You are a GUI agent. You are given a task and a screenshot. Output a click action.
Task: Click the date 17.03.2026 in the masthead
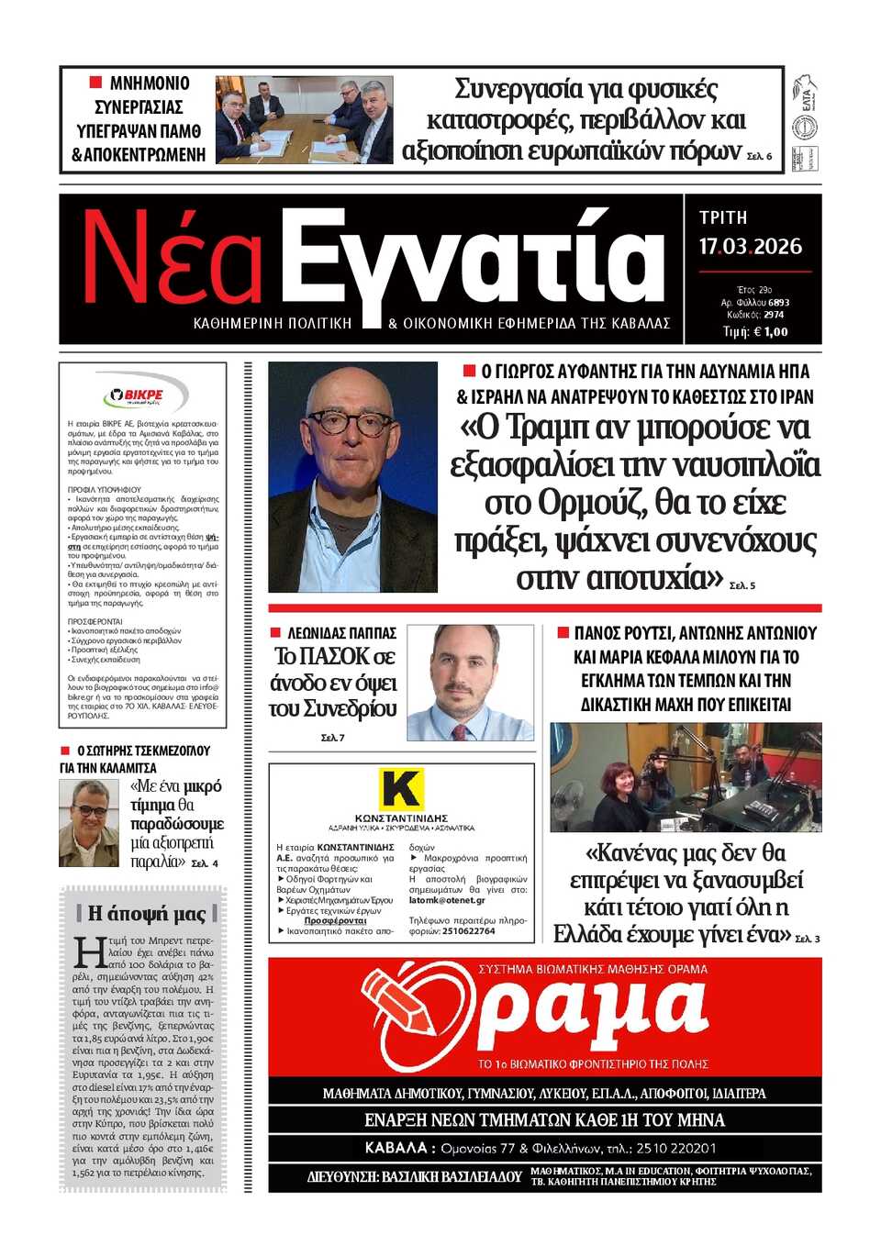[x=750, y=247]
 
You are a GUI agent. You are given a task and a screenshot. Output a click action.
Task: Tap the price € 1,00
[x=769, y=332]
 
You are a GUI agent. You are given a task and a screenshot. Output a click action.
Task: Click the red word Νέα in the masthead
[x=173, y=260]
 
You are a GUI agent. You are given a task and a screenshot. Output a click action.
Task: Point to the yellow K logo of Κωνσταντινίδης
[x=401, y=788]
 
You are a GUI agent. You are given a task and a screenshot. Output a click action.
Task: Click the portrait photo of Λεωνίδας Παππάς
[x=469, y=683]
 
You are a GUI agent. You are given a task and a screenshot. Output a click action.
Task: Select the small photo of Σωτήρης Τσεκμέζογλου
[x=89, y=823]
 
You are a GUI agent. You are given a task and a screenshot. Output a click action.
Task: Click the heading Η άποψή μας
[x=147, y=913]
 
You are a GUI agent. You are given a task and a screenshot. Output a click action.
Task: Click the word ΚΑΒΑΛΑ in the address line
[x=395, y=1148]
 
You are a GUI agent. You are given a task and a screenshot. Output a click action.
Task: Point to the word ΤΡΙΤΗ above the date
[x=723, y=217]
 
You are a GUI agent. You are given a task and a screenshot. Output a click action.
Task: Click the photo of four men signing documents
[x=304, y=120]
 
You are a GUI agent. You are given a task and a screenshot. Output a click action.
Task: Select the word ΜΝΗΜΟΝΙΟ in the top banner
[x=149, y=83]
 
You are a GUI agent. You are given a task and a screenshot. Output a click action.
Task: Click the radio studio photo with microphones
[x=685, y=776]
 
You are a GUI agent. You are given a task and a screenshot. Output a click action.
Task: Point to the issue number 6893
[x=778, y=303]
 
